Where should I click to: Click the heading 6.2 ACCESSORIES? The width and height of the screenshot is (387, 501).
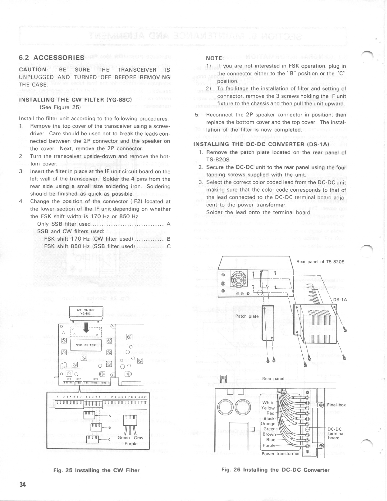pos(52,58)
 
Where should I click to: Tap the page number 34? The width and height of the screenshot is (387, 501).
pos(23,484)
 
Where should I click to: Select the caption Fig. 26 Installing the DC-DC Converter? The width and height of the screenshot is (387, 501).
pos(275,470)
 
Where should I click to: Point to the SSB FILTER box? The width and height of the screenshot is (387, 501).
pos(86,345)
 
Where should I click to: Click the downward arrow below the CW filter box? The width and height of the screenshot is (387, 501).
pos(86,328)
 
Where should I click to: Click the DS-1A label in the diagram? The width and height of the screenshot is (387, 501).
pos(340,300)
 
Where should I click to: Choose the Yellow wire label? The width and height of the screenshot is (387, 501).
pos(268,408)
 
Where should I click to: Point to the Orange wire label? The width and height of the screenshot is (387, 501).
pos(268,424)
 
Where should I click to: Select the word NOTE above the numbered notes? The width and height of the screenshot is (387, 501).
pos(215,58)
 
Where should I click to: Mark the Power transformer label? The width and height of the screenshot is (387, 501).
pos(280,454)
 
